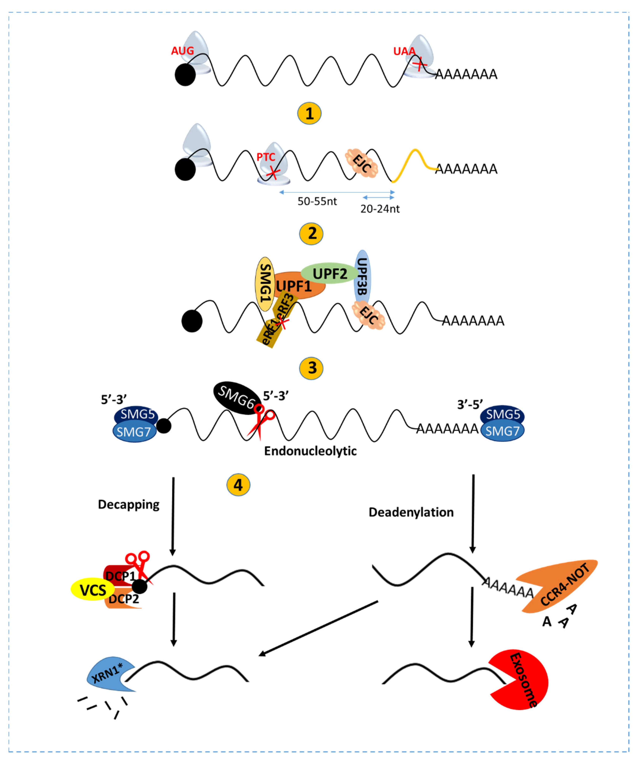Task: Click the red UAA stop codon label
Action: [404, 51]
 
